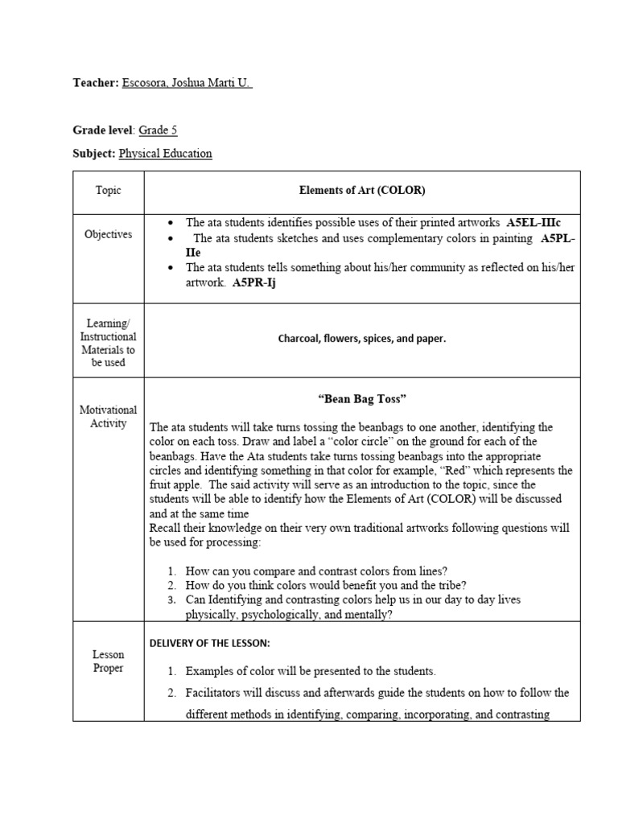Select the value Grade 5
point(158,130)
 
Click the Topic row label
point(108,191)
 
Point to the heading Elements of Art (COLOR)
point(362,191)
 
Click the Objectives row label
point(108,234)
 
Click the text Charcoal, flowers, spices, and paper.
point(362,339)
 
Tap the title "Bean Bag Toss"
point(362,398)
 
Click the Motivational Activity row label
point(108,417)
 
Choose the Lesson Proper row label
point(108,661)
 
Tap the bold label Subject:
point(94,153)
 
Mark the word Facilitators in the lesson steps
point(215,693)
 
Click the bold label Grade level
point(103,130)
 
